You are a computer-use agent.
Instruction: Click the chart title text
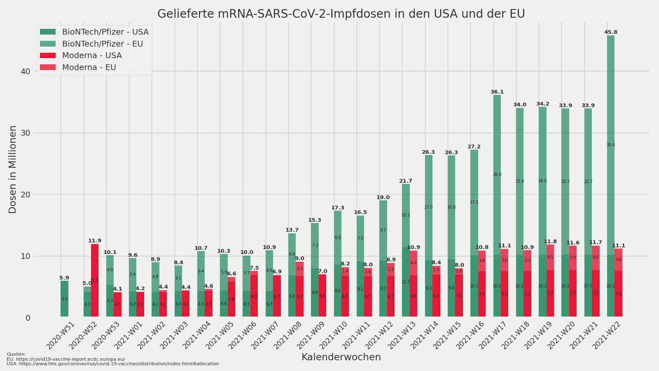pyautogui.click(x=341, y=14)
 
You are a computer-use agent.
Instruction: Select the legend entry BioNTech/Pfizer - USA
pyautogui.click(x=105, y=32)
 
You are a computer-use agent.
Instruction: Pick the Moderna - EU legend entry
pyautogui.click(x=89, y=67)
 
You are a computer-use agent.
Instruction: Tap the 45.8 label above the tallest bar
pyautogui.click(x=610, y=32)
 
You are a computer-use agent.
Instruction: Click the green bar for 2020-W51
pyautogui.click(x=64, y=299)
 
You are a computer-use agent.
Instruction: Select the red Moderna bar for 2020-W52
pyautogui.click(x=95, y=280)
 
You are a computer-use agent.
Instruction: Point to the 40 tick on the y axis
pyautogui.click(x=26, y=71)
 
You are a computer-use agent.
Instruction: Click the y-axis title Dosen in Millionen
pyautogui.click(x=13, y=169)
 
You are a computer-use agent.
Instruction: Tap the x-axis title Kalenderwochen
pyautogui.click(x=341, y=357)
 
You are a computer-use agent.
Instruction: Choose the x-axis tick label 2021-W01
pyautogui.click(x=131, y=336)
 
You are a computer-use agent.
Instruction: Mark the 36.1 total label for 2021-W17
pyautogui.click(x=497, y=92)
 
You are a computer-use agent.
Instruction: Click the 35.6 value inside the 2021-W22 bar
pyautogui.click(x=610, y=145)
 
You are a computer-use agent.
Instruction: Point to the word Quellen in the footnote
pyautogui.click(x=16, y=354)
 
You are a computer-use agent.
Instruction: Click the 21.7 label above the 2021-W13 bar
pyautogui.click(x=405, y=181)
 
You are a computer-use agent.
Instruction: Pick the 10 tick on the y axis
pyautogui.click(x=26, y=256)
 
